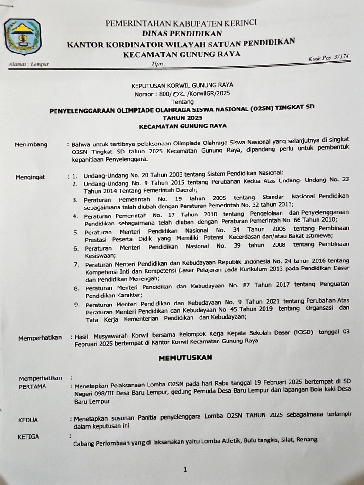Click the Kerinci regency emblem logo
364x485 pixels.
[x=22, y=37]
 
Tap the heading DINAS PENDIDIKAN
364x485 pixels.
[x=182, y=33]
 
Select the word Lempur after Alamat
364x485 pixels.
[x=40, y=64]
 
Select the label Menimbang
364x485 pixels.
[x=31, y=144]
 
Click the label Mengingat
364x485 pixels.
[x=30, y=177]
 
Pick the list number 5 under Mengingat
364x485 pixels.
[x=75, y=232]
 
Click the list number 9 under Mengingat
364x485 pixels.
[x=76, y=305]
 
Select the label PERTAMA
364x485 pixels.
[x=32, y=386]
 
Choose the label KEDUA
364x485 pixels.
[x=28, y=420]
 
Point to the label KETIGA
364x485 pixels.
[x=28, y=436]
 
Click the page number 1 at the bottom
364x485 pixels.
[x=185, y=470]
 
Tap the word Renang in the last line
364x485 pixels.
[x=307, y=440]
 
